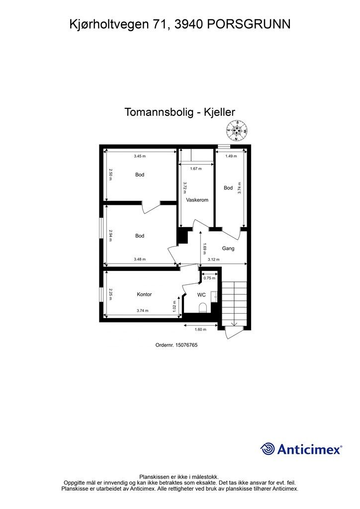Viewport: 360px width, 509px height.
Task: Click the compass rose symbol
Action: click(237, 132)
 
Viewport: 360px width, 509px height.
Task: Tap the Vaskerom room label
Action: click(197, 200)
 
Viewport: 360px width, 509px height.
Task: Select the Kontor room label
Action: click(144, 294)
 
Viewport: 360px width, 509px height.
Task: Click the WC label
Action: click(201, 295)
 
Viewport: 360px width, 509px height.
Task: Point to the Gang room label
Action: click(228, 248)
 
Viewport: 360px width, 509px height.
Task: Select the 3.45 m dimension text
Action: click(140, 156)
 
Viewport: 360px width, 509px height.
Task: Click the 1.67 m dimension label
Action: click(196, 169)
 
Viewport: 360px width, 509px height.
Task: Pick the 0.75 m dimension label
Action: click(209, 278)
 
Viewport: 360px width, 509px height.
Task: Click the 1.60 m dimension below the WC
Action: click(200, 330)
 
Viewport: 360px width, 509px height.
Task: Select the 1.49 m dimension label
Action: click(230, 156)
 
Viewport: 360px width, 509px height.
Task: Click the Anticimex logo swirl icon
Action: click(268, 449)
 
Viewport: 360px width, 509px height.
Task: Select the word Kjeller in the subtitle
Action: click(219, 112)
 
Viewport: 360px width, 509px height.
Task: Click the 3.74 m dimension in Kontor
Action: click(142, 311)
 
